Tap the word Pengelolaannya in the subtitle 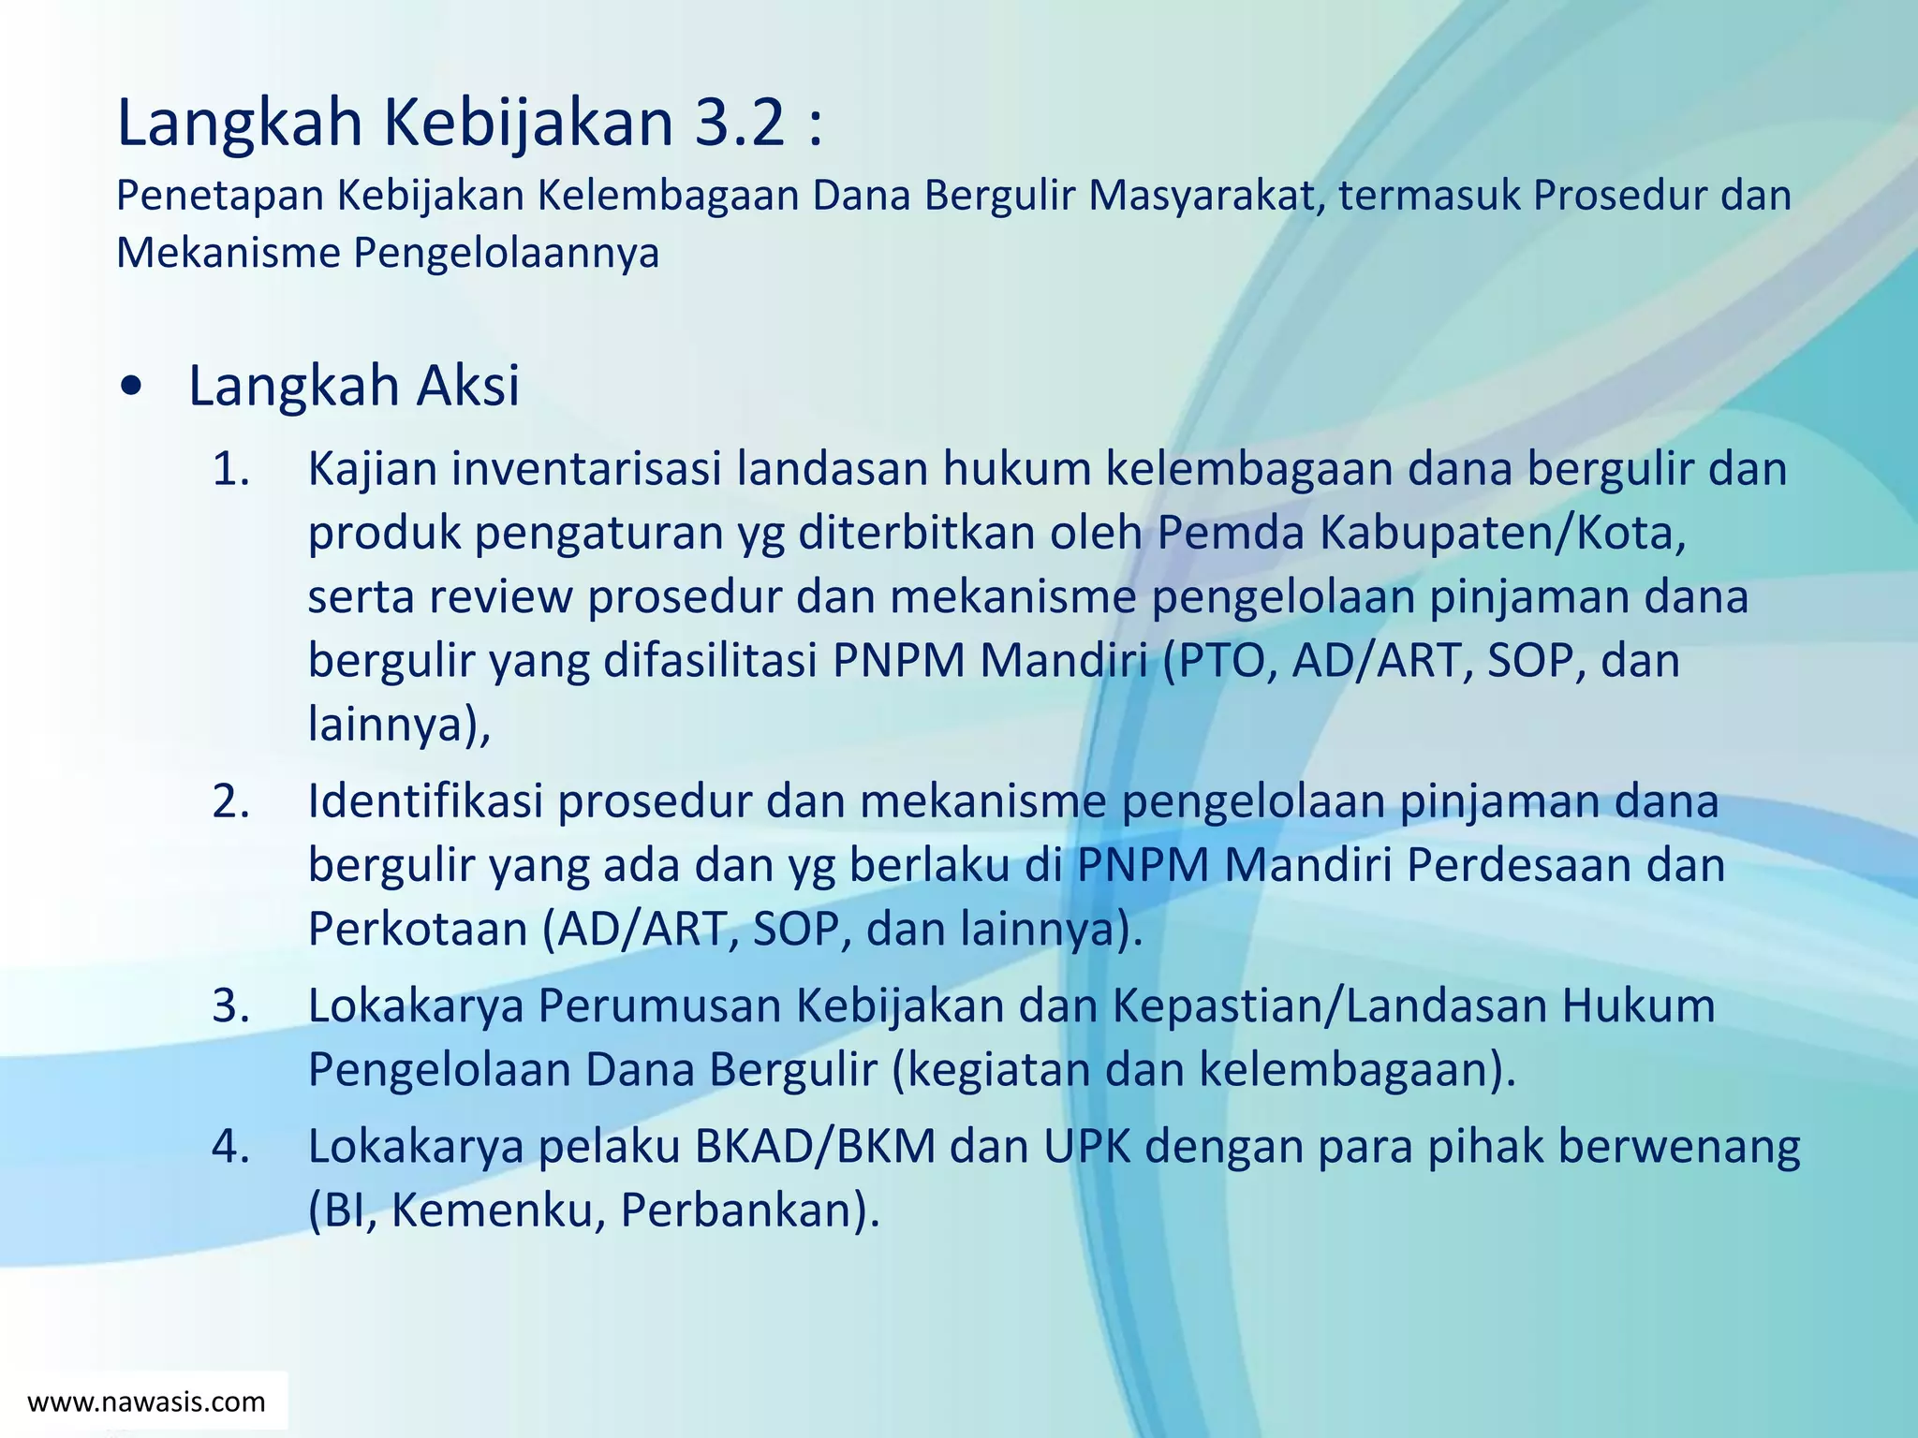pyautogui.click(x=506, y=253)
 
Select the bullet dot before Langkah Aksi pyautogui.click(x=133, y=386)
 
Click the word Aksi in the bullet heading pyautogui.click(x=467, y=386)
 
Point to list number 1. pyautogui.click(x=230, y=469)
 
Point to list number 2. pyautogui.click(x=230, y=801)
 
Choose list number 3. pyautogui.click(x=230, y=1005)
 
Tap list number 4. pyautogui.click(x=230, y=1146)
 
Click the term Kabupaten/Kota pyautogui.click(x=1502, y=533)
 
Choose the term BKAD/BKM pyautogui.click(x=815, y=1146)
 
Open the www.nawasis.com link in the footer pyautogui.click(x=147, y=1401)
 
